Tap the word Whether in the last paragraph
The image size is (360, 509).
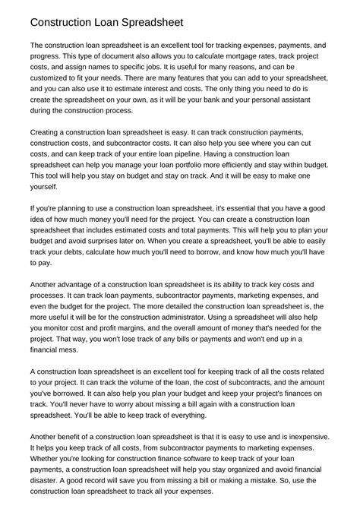pos(49,462)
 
